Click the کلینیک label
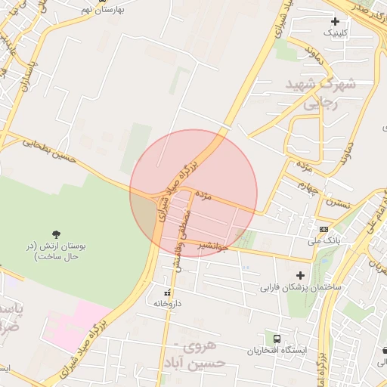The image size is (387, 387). [336, 33]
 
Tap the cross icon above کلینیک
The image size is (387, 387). [335, 21]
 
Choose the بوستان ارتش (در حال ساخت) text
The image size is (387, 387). [57, 252]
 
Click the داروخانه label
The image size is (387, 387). [168, 303]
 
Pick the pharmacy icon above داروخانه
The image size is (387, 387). [167, 292]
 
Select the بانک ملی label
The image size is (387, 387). [325, 240]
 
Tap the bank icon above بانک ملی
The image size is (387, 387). [324, 229]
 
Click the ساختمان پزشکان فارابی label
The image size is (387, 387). [301, 287]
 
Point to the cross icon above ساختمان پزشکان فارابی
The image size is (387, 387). [301, 275]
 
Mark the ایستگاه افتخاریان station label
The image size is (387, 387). [277, 351]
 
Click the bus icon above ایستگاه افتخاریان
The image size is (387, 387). [277, 339]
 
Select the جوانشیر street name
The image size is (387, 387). [213, 246]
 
